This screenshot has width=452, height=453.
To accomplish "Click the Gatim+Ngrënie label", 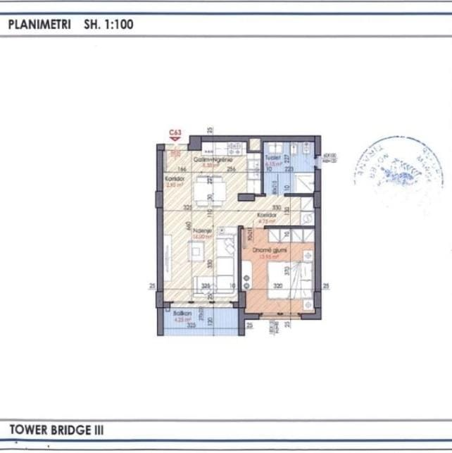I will click(x=211, y=160).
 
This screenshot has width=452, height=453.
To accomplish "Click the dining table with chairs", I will click(x=203, y=190).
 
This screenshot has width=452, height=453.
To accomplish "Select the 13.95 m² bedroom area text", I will click(x=266, y=256).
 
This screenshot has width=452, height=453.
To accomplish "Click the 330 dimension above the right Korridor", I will click(x=277, y=207).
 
